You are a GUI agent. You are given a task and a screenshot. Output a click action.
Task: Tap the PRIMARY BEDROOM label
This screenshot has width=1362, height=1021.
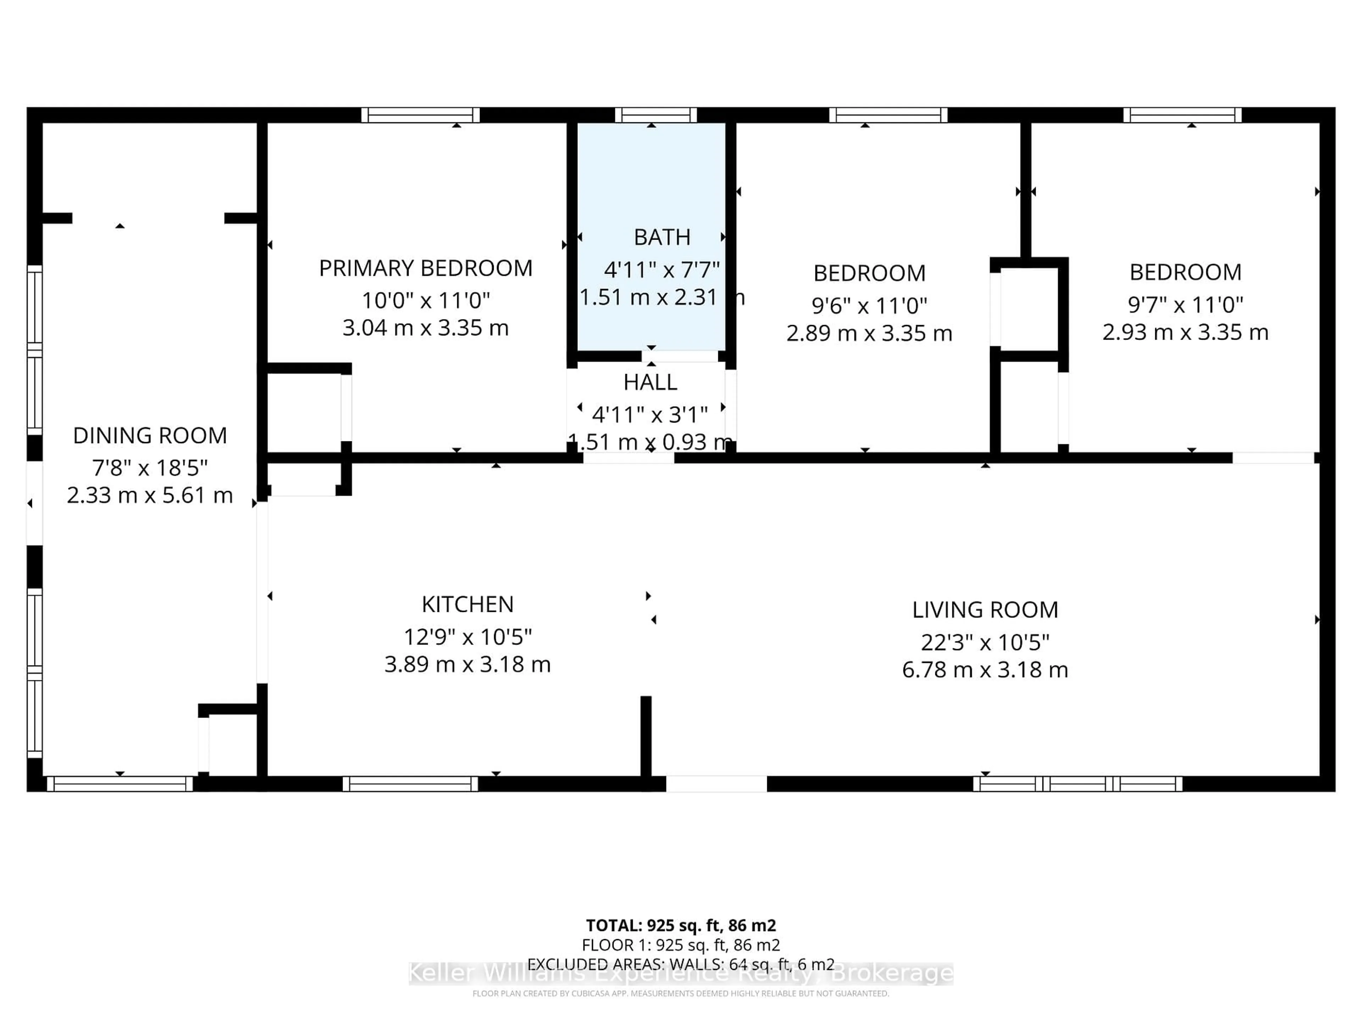[426, 268]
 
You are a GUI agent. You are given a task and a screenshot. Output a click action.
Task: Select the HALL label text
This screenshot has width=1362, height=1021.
[650, 382]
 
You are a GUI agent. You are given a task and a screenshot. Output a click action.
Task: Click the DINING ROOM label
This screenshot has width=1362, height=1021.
[150, 436]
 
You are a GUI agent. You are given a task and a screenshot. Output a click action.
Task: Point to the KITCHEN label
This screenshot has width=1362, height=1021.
[467, 604]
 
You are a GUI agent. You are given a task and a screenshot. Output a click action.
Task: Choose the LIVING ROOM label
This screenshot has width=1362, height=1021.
[985, 610]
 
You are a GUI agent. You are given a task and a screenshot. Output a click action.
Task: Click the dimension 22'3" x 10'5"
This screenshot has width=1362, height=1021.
[985, 642]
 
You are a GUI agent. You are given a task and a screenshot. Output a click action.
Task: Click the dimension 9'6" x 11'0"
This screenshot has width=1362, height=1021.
[869, 305]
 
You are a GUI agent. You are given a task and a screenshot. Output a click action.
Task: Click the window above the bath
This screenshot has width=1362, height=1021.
[656, 115]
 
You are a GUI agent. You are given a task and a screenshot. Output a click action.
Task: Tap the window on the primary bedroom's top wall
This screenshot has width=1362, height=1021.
[421, 115]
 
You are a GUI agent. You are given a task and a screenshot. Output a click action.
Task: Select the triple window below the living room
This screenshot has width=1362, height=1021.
[1078, 784]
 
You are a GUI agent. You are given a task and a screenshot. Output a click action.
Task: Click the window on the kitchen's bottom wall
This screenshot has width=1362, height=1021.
[410, 784]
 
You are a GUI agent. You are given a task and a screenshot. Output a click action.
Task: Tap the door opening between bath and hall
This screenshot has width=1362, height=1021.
[680, 356]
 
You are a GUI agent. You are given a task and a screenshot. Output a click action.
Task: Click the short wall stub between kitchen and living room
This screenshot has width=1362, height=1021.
[646, 736]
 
